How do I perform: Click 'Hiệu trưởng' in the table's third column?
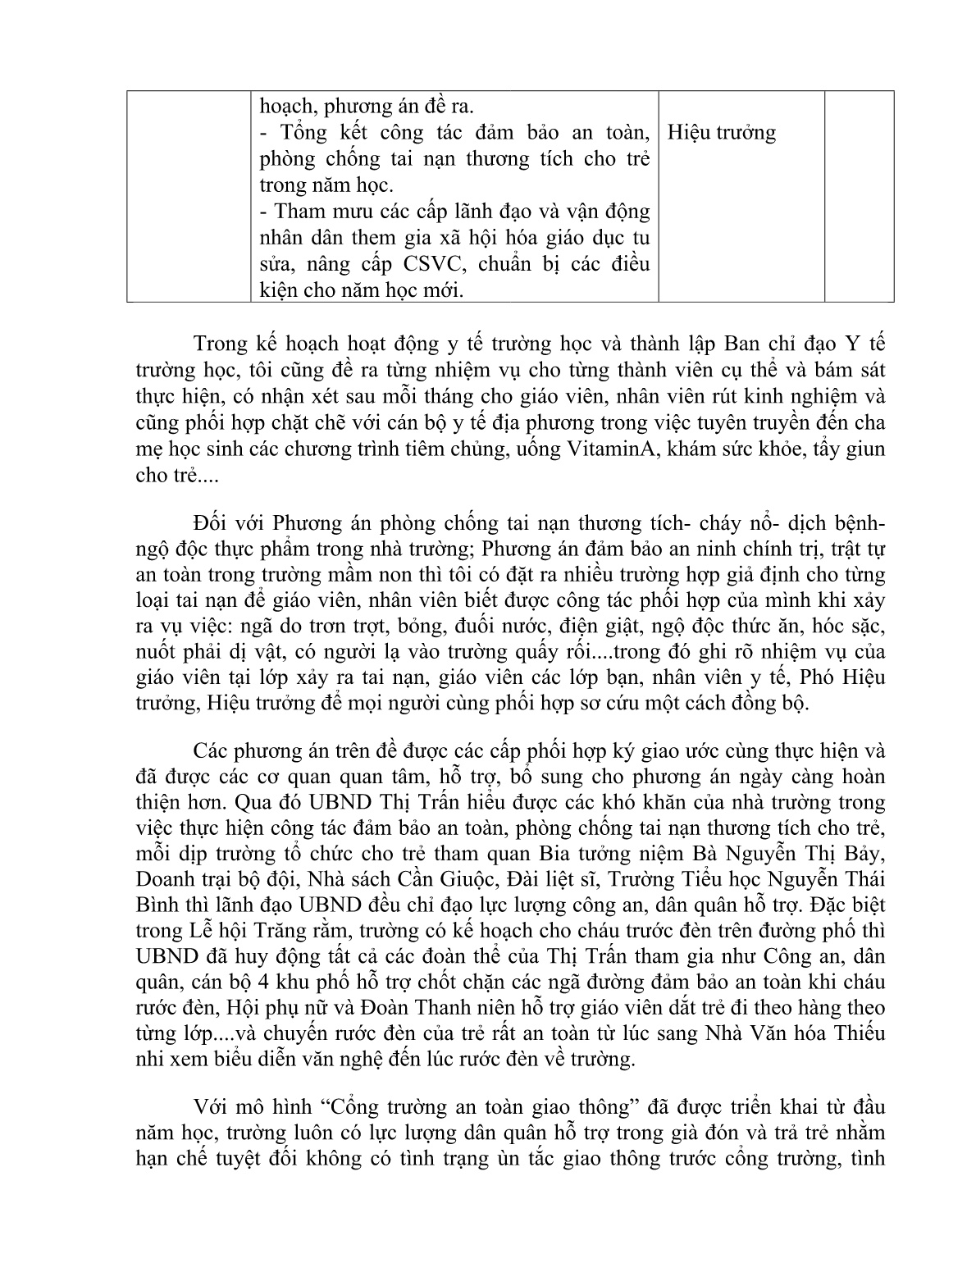click(x=722, y=133)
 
